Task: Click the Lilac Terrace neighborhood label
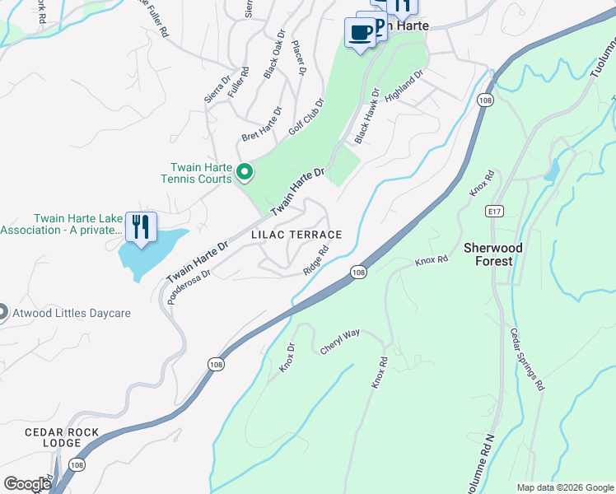(x=296, y=235)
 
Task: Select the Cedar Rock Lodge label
(x=62, y=437)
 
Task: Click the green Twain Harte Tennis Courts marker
(x=244, y=172)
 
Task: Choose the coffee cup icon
(x=359, y=33)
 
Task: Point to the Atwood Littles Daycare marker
(x=2, y=313)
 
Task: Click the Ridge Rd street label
(x=316, y=259)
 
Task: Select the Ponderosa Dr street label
(x=189, y=285)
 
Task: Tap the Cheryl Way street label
(x=340, y=343)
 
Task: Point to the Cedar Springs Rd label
(x=528, y=359)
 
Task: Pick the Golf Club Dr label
(x=306, y=118)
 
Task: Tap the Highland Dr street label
(x=404, y=86)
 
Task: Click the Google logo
(x=27, y=484)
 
